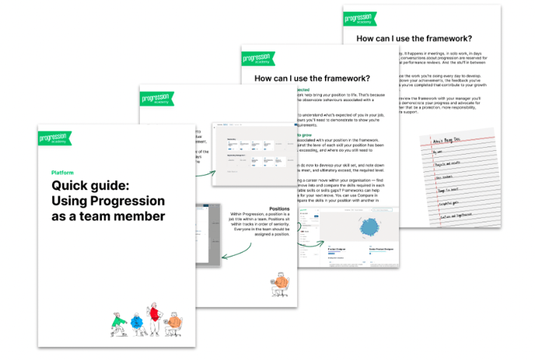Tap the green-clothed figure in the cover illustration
tap(118, 320)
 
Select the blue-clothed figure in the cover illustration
tap(136, 321)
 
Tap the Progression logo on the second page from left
tap(159, 98)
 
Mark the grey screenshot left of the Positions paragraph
tap(205, 232)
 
